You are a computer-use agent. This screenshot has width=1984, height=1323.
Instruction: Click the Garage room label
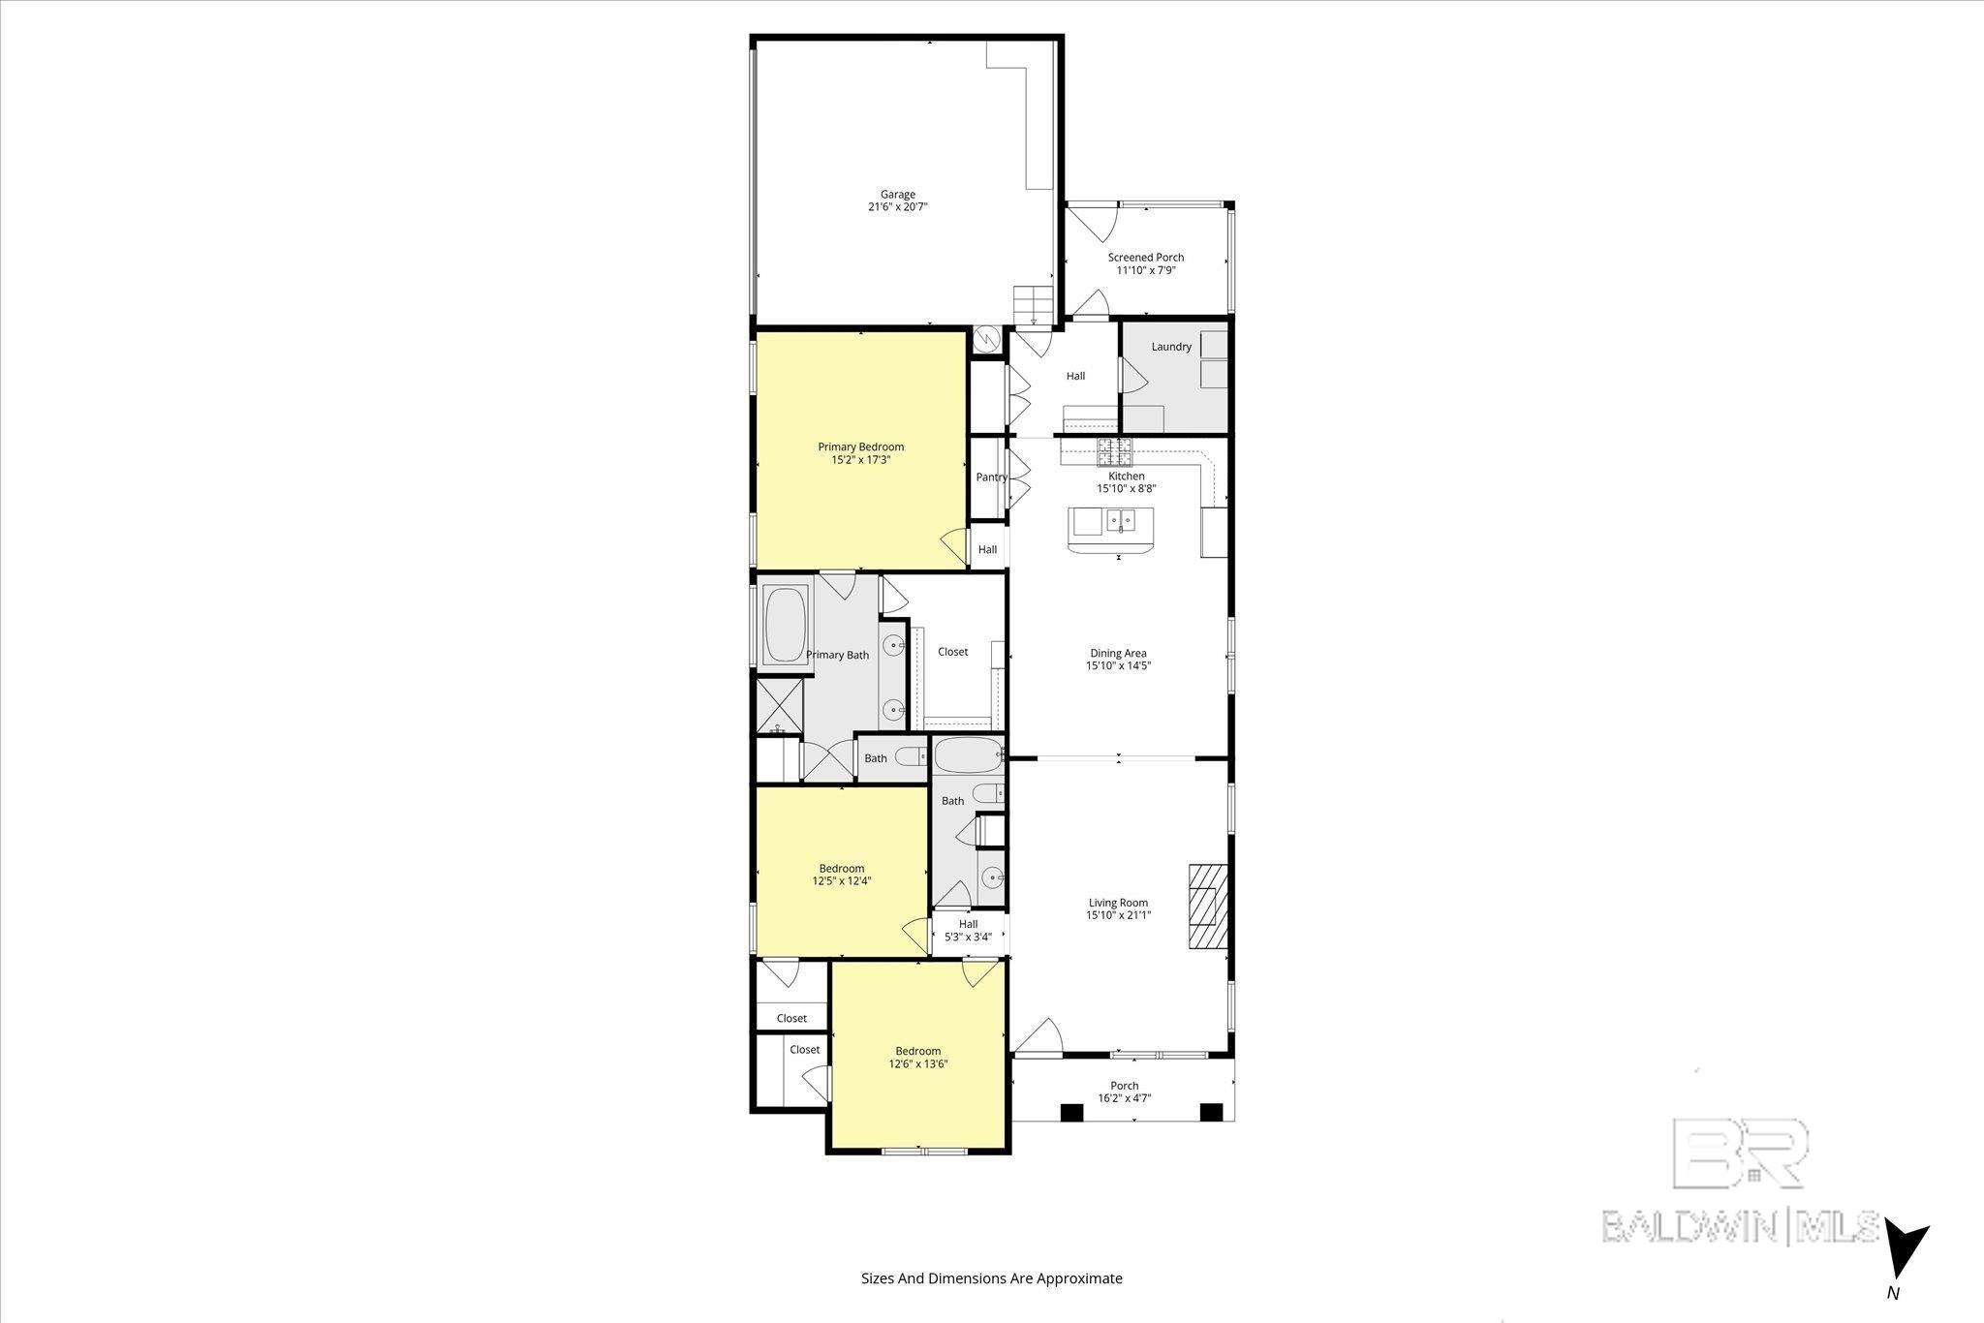[x=898, y=195]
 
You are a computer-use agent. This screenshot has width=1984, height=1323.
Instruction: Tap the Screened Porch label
[x=1146, y=258]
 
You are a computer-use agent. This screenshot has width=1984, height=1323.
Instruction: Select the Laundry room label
[x=1171, y=347]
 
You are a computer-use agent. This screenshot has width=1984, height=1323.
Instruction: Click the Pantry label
[x=991, y=477]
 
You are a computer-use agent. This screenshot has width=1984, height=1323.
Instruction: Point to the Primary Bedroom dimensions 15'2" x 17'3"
[x=861, y=460]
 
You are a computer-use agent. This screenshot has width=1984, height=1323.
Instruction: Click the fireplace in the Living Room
[x=1208, y=907]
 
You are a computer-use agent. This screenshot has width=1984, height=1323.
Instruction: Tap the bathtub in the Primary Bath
[x=786, y=624]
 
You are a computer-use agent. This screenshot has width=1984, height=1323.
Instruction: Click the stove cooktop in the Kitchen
[x=1113, y=450]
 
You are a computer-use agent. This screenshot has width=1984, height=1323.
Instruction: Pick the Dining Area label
[x=1118, y=654]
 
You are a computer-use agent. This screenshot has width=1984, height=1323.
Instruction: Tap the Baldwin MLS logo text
[x=1740, y=1225]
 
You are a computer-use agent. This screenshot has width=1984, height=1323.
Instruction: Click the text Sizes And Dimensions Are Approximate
[x=992, y=1278]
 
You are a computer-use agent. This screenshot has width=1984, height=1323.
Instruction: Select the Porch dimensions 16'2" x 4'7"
[x=1124, y=1098]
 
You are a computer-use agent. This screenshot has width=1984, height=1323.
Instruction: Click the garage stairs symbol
[x=1034, y=305]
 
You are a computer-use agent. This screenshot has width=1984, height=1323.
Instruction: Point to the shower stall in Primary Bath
[x=780, y=705]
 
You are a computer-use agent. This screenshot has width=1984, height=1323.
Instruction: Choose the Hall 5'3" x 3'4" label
[x=968, y=931]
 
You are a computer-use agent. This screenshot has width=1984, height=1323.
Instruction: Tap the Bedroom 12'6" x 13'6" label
[x=917, y=1058]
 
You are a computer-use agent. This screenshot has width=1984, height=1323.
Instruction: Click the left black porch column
[x=1071, y=1113]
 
